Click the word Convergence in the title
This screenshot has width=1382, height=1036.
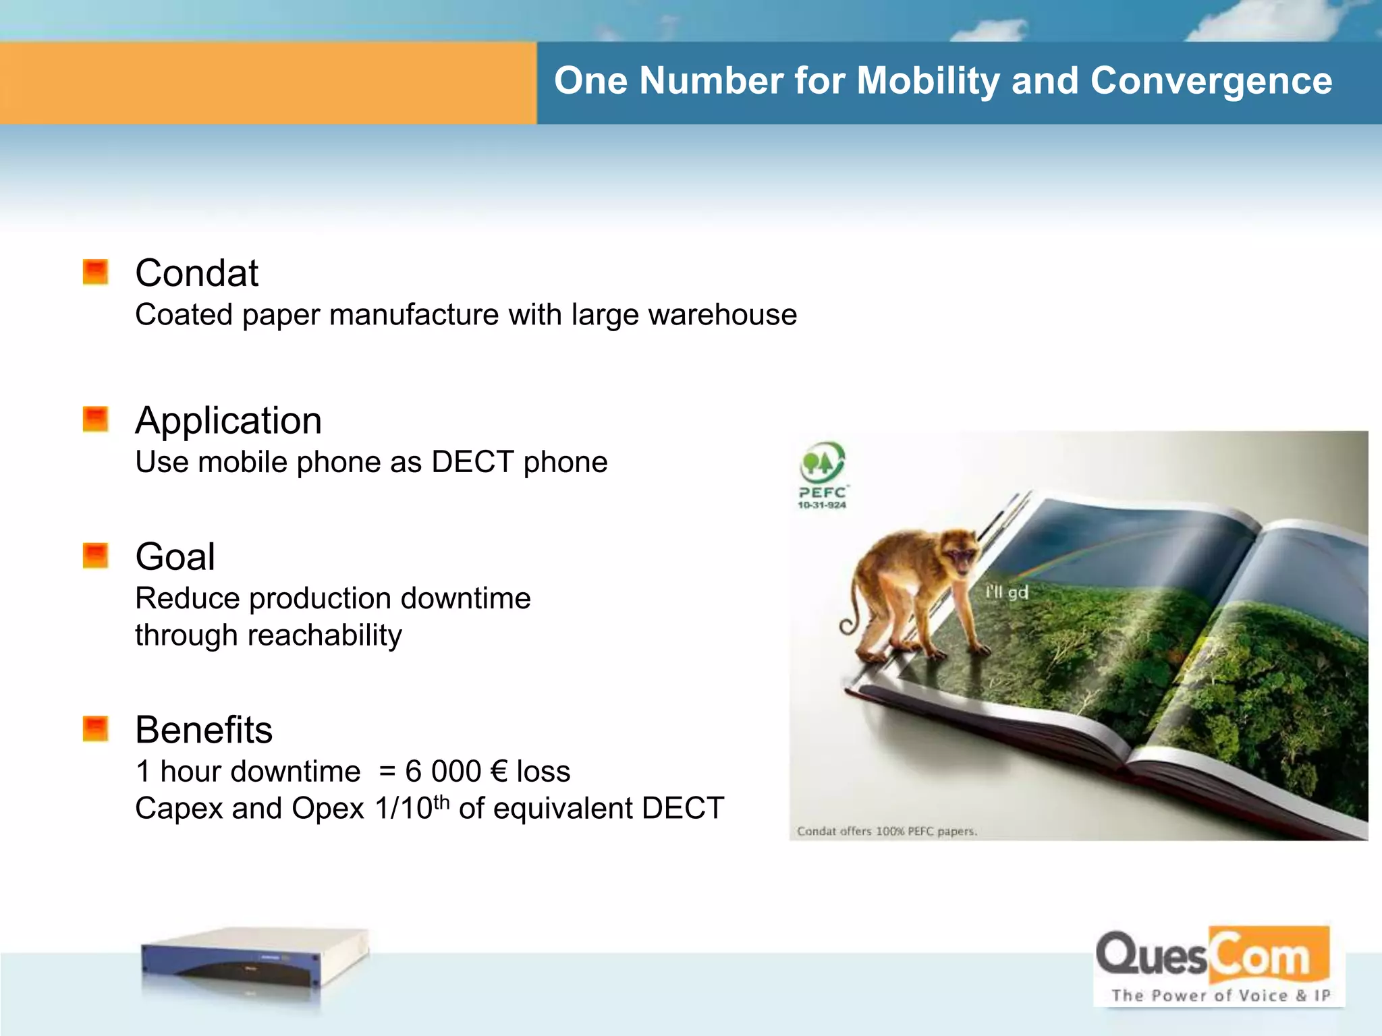click(x=1211, y=82)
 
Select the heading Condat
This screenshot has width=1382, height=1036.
click(x=196, y=273)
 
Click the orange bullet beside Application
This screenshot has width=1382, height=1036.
click(x=95, y=419)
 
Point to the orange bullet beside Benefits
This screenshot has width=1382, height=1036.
click(x=95, y=728)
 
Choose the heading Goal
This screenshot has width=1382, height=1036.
click(x=175, y=556)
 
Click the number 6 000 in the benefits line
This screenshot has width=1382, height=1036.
click(x=443, y=771)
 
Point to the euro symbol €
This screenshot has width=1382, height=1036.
click(x=499, y=771)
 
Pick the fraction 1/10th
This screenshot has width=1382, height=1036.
click(x=412, y=807)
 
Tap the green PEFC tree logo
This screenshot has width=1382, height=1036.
click(x=822, y=463)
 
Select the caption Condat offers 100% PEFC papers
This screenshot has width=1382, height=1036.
click(x=887, y=831)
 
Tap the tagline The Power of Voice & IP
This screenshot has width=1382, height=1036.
click(x=1220, y=996)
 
